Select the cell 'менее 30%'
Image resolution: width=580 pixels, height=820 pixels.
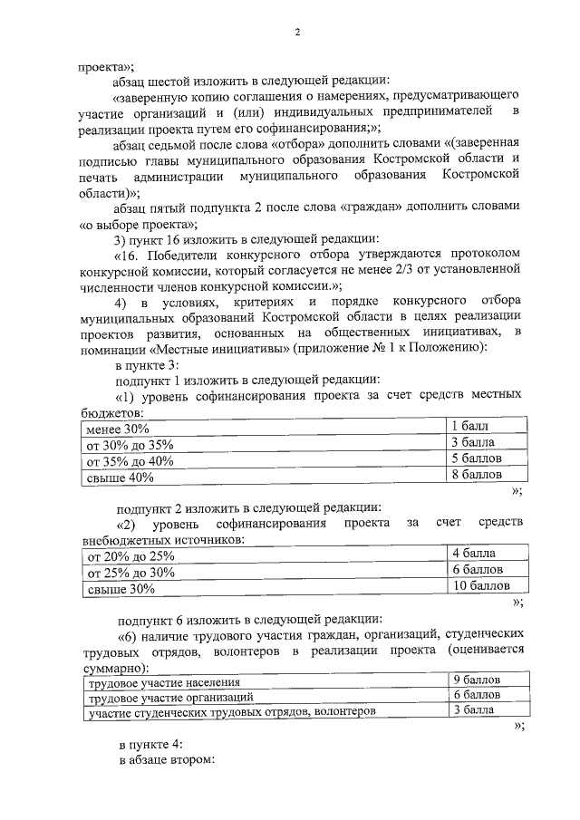point(112,428)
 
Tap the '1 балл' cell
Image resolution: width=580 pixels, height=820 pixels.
point(469,427)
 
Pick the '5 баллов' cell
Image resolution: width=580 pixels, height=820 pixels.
point(475,459)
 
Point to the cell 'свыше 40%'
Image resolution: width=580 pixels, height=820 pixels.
point(113,477)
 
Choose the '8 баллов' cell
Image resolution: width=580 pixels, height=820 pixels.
point(475,476)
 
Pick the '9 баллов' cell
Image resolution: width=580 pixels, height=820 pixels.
point(476,680)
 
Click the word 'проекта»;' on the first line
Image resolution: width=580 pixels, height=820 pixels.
point(104,64)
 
